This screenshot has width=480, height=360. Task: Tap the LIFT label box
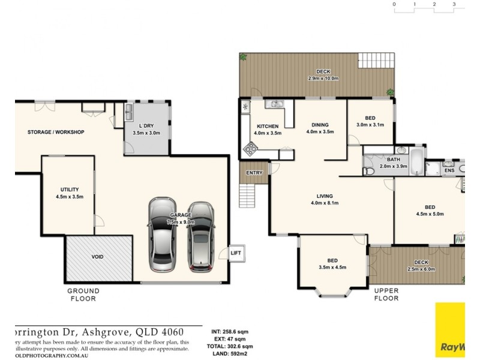pyautogui.click(x=236, y=253)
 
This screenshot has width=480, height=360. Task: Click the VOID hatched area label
pyautogui.click(x=98, y=257)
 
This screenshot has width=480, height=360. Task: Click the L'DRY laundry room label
pyautogui.click(x=146, y=126)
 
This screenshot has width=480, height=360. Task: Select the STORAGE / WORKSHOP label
pyautogui.click(x=56, y=132)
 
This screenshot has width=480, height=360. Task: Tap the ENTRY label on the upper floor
pyautogui.click(x=254, y=173)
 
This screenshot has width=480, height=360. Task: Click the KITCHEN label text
pyautogui.click(x=268, y=126)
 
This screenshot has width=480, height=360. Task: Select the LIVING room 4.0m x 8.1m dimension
pyautogui.click(x=325, y=203)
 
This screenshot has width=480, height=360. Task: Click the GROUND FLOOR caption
pyautogui.click(x=83, y=294)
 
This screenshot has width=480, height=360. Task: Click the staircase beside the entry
pyautogui.click(x=247, y=194)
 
